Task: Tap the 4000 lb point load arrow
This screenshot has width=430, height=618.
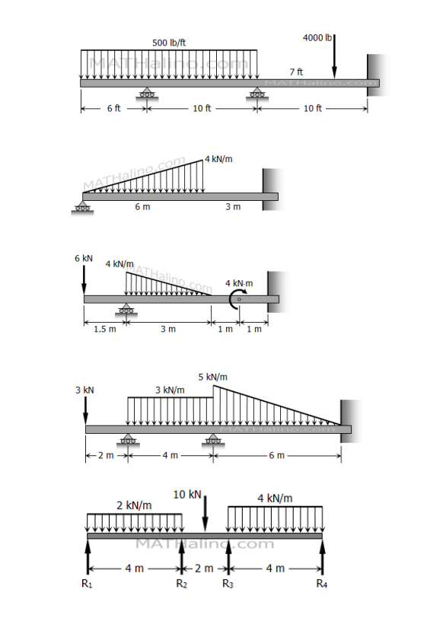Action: [x=334, y=57]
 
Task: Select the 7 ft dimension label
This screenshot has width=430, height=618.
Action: [x=296, y=72]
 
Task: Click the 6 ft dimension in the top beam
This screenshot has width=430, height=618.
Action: [x=113, y=109]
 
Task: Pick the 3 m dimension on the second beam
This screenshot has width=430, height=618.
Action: [x=233, y=207]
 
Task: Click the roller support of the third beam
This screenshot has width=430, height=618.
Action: [x=126, y=309]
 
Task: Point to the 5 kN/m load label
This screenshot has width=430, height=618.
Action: [x=212, y=377]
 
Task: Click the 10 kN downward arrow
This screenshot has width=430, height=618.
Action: [x=205, y=514]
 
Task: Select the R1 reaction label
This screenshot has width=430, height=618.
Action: [x=87, y=585]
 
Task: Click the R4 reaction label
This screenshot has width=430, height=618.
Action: [x=322, y=585]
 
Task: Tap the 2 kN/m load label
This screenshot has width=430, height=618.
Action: [x=134, y=505]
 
